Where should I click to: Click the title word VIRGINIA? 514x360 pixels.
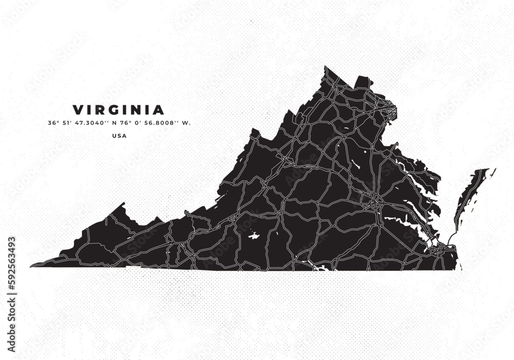[x=119, y=110]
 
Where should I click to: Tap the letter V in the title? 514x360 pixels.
[x=78, y=110]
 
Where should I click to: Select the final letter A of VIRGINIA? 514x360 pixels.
[x=159, y=110]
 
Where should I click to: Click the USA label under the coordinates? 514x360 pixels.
[x=119, y=136]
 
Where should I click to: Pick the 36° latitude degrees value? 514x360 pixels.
[x=52, y=123]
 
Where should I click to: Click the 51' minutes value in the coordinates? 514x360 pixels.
[x=67, y=123]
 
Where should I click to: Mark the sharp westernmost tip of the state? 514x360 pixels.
[x=32, y=266]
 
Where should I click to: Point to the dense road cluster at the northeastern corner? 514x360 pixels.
[x=389, y=110]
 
